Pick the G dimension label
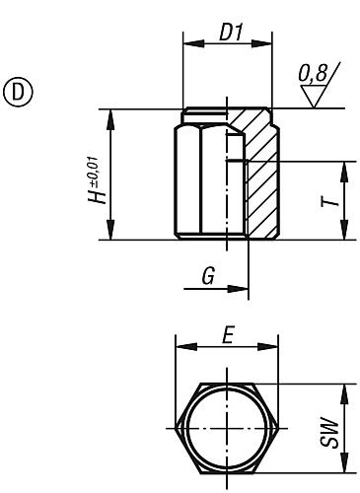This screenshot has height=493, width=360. pos(207,277)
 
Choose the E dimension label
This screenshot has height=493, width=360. pos(227,335)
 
